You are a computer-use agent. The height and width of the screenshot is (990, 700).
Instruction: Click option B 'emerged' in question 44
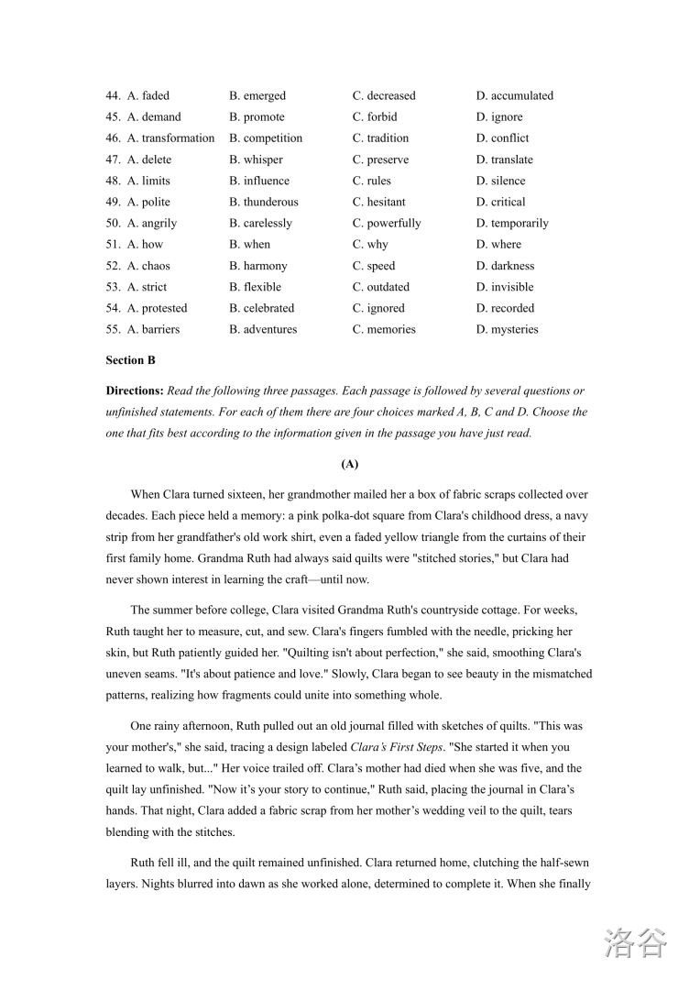pos(264,95)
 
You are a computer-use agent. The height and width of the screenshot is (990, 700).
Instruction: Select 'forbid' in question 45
pos(382,116)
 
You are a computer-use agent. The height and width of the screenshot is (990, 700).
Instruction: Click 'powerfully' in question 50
pos(394,223)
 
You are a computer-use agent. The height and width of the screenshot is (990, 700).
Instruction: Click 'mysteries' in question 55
pos(514,329)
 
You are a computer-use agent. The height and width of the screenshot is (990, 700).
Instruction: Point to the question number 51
pos(114,245)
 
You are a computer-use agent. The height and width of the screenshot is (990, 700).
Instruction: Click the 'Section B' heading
pos(131,360)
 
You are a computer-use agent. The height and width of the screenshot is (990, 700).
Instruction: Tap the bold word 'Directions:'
pos(135,390)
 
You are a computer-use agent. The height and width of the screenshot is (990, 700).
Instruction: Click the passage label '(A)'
pos(349,465)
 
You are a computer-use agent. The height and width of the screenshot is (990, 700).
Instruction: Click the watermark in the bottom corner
pos(635,942)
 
